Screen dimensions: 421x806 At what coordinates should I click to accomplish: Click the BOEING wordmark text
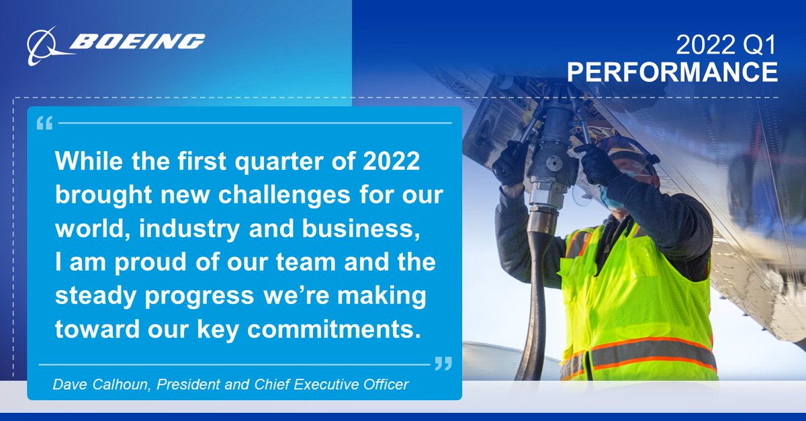(137, 42)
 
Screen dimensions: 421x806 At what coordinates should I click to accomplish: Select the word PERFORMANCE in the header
(672, 72)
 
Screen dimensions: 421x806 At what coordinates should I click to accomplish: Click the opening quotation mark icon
(45, 124)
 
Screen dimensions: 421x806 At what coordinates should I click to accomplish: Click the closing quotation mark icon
(443, 364)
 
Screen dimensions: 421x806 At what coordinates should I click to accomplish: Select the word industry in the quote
(171, 228)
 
